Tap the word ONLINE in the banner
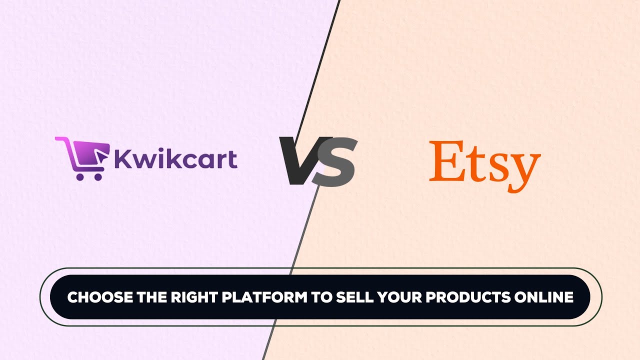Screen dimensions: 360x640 (x=543, y=297)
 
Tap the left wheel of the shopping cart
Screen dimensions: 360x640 (x=80, y=176)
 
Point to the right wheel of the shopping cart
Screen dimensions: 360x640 (x=97, y=176)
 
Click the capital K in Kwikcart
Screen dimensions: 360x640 (x=123, y=158)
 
